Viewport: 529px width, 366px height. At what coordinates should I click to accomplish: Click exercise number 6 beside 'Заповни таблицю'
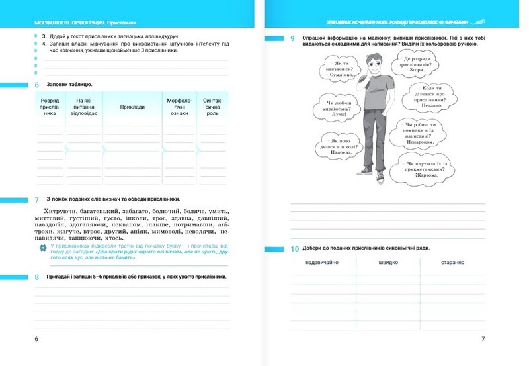37,85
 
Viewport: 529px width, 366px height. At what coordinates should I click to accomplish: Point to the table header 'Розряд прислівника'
50,107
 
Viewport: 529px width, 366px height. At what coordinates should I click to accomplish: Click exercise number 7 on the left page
37,198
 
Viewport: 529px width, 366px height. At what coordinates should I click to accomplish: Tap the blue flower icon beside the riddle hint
43,248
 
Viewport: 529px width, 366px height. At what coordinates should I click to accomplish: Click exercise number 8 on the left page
37,277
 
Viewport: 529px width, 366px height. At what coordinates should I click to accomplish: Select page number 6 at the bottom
36,339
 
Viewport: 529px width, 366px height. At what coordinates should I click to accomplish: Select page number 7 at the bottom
483,339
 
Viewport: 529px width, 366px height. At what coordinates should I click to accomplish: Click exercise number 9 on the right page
292,39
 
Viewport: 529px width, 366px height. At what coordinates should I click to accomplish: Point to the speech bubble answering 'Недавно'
433,93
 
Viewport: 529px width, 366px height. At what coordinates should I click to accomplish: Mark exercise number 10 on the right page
295,248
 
